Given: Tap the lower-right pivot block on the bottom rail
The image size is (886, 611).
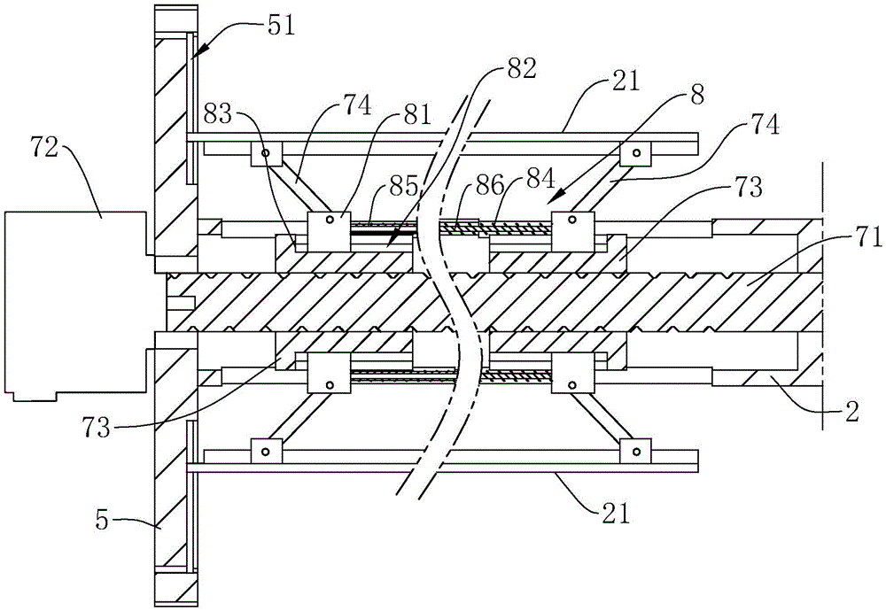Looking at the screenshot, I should (635, 452).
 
